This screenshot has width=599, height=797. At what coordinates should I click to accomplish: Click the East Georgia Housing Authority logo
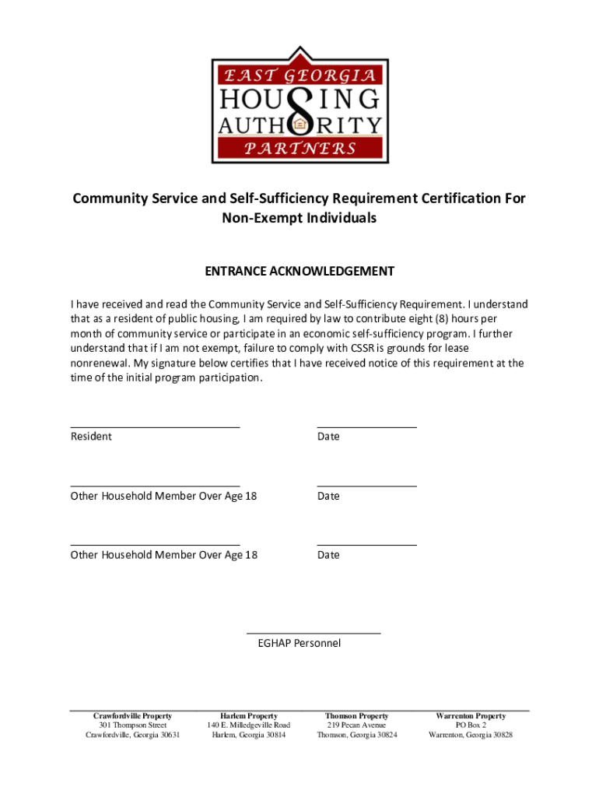pos(299,105)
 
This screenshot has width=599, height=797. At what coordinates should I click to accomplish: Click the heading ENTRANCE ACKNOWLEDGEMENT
pos(299,272)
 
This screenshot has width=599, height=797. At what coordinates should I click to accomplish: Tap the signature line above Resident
pos(155,427)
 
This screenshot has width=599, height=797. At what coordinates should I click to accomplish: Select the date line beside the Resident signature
pos(366,427)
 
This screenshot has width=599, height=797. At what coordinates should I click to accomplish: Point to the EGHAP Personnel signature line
pos(314,634)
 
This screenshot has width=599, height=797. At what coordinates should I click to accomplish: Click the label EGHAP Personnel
pos(299,644)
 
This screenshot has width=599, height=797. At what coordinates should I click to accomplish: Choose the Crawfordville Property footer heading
pos(132,716)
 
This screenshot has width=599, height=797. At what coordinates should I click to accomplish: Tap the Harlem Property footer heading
pos(248,716)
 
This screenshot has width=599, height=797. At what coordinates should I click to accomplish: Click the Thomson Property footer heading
pos(357,716)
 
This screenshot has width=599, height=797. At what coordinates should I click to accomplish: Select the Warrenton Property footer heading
pos(471,716)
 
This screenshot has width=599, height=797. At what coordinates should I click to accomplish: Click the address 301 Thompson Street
pos(132,725)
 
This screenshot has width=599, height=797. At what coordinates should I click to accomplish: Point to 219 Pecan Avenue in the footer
pos(357,725)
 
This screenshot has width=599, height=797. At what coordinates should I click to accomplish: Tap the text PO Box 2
pos(471,725)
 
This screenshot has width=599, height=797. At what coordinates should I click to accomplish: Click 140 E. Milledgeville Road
pos(248,725)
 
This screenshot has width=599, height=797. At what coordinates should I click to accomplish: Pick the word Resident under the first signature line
pos(91,437)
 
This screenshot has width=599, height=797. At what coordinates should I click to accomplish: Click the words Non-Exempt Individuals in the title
pos(299,219)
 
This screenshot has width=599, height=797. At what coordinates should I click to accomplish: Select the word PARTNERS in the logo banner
pos(300,148)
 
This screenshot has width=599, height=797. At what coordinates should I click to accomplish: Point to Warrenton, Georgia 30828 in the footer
pos(471,735)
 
